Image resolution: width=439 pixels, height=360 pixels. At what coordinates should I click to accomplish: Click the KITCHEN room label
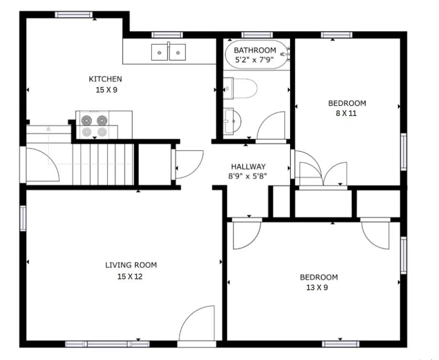pyautogui.click(x=105, y=79)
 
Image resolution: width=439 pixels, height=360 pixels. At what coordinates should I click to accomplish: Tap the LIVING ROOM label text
pyautogui.click(x=131, y=265)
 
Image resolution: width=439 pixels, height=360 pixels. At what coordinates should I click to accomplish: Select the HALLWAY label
pyautogui.click(x=248, y=167)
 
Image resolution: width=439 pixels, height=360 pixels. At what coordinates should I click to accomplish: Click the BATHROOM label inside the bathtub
pyautogui.click(x=255, y=50)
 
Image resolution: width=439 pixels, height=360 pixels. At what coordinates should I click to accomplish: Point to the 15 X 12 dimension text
pyautogui.click(x=130, y=276)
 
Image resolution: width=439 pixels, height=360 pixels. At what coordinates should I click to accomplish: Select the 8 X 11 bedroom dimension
pyautogui.click(x=346, y=114)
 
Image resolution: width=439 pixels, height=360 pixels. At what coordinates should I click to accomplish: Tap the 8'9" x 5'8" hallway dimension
pyautogui.click(x=248, y=176)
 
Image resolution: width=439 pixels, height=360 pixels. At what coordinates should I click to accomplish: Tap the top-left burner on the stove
pyautogui.click(x=87, y=120)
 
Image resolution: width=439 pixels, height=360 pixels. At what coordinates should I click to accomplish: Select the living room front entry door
pyautogui.click(x=197, y=325)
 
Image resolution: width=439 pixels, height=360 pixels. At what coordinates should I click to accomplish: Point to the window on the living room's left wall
pyautogui.click(x=22, y=218)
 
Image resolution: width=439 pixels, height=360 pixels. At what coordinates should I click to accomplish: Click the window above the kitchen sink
pyautogui.click(x=167, y=34)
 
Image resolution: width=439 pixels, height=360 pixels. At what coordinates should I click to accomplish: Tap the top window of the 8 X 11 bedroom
pyautogui.click(x=336, y=34)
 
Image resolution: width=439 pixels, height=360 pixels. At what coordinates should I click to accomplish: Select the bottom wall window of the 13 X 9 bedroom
pyautogui.click(x=340, y=344)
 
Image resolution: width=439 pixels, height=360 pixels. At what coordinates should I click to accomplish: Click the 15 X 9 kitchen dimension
pyautogui.click(x=106, y=89)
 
